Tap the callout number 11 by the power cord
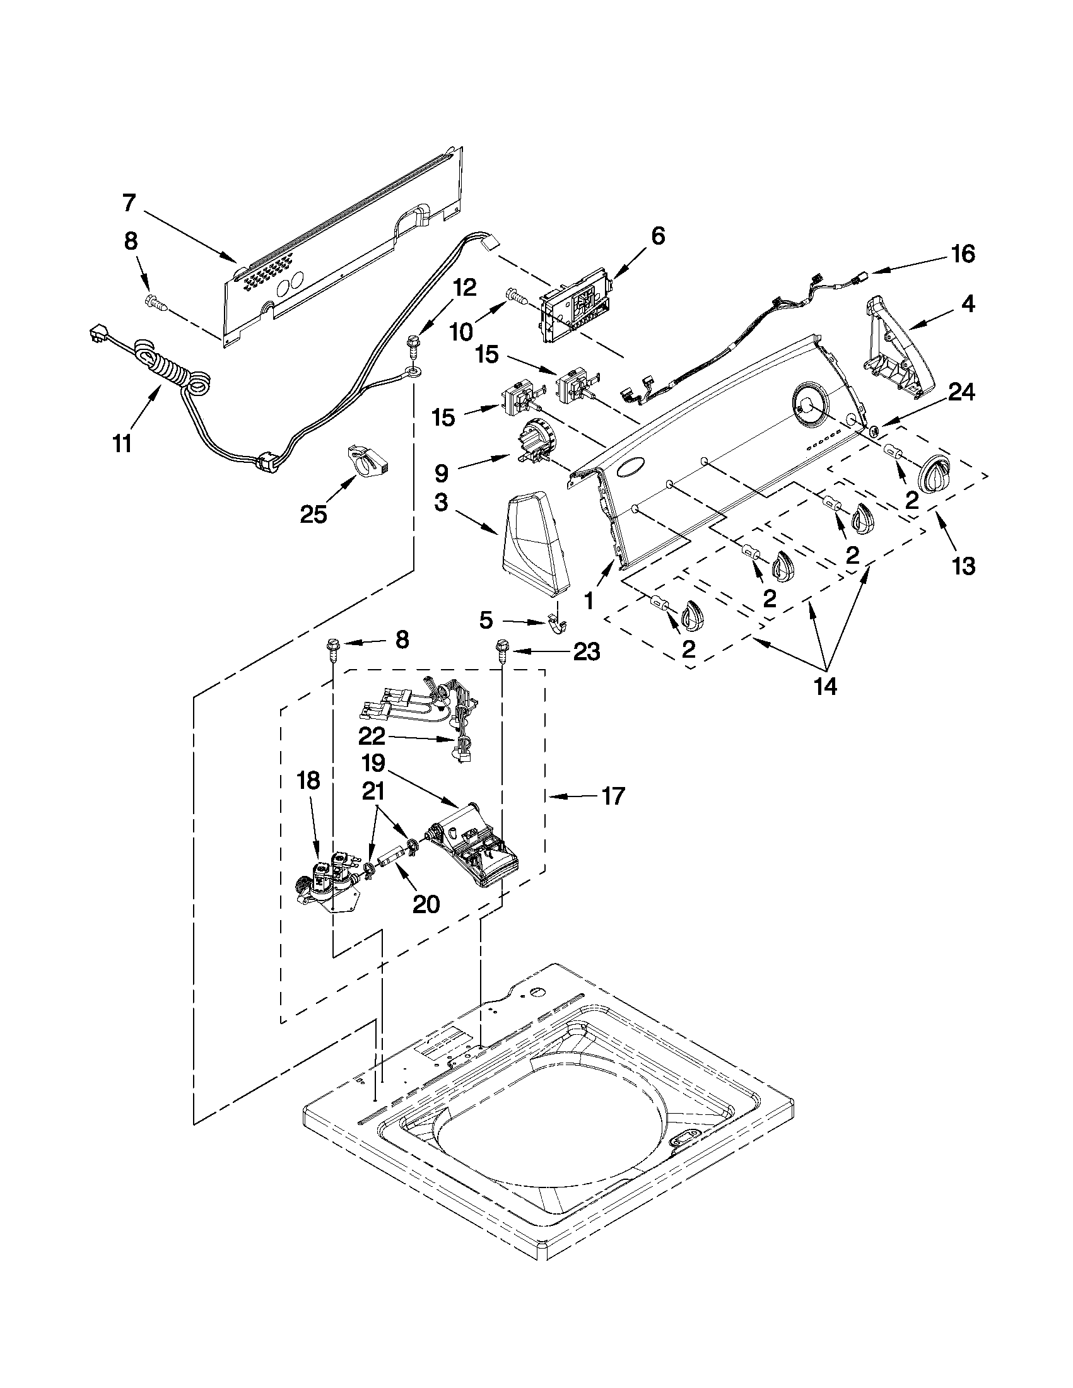(x=122, y=444)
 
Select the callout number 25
(x=313, y=514)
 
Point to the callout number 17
(x=613, y=796)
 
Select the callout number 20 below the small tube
(x=426, y=904)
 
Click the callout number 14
(x=826, y=686)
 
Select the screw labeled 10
(x=513, y=296)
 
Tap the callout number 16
(x=963, y=254)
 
